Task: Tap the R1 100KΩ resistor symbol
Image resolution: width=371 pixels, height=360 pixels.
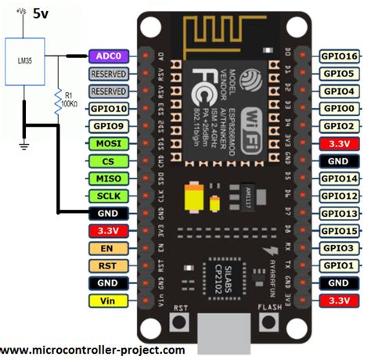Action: click(56, 102)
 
